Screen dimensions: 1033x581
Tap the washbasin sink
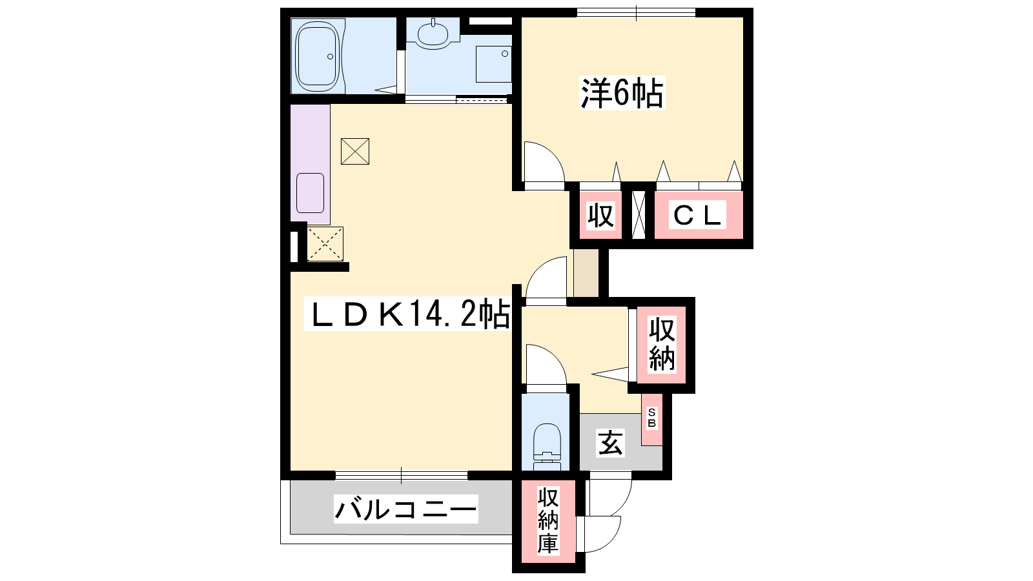click(433, 33)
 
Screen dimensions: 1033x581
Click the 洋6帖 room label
click(622, 93)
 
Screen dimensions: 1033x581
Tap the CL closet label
click(697, 215)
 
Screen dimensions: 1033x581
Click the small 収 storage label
click(600, 215)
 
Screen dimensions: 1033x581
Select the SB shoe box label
click(651, 418)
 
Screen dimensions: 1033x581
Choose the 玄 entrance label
click(610, 443)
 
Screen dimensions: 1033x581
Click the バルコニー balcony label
click(406, 509)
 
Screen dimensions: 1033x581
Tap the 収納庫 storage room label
click(548, 520)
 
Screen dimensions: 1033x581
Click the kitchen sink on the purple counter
click(310, 193)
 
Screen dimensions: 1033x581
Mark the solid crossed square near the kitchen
click(355, 151)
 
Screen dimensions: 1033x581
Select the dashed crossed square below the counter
click(325, 244)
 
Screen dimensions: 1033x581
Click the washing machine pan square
click(494, 64)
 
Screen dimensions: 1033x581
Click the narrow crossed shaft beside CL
click(639, 215)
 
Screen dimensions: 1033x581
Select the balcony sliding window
click(401, 475)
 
